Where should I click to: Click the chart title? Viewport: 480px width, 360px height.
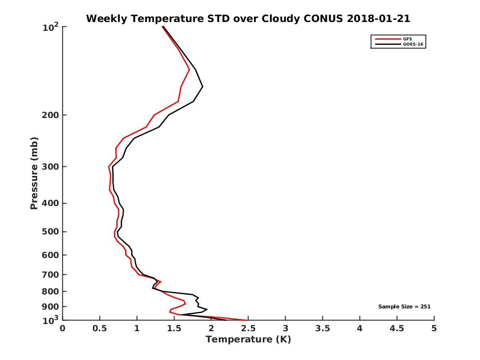248,18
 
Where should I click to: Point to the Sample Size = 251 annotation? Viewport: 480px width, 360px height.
404,306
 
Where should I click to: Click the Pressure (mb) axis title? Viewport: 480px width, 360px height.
34,173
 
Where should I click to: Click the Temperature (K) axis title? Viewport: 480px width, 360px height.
248,340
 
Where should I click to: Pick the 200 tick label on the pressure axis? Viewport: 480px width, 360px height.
48,115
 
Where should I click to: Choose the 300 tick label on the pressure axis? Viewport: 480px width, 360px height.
48,166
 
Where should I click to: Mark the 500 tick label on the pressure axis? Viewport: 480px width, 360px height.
48,232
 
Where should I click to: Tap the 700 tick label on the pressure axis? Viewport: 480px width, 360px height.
48,274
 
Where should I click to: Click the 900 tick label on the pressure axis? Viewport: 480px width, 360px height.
48,307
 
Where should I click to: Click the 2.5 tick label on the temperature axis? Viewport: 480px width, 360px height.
248,329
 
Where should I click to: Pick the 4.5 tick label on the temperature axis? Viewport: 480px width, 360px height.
397,329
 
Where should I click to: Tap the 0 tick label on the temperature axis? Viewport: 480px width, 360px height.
63,329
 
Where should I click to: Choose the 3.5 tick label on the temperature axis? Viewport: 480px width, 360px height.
322,329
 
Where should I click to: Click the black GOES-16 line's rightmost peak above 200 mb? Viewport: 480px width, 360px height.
203,87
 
